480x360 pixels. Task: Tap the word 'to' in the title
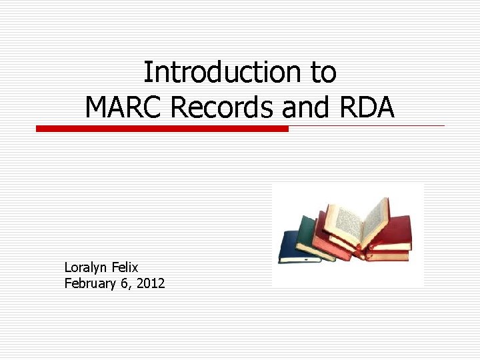pos(323,73)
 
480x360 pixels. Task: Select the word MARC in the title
pos(123,107)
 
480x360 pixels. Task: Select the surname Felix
pos(125,267)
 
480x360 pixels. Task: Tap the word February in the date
pos(89,283)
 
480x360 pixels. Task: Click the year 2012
pos(151,283)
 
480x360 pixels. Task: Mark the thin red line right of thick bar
pos(367,125)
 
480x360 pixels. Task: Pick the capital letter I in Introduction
pos(147,73)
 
